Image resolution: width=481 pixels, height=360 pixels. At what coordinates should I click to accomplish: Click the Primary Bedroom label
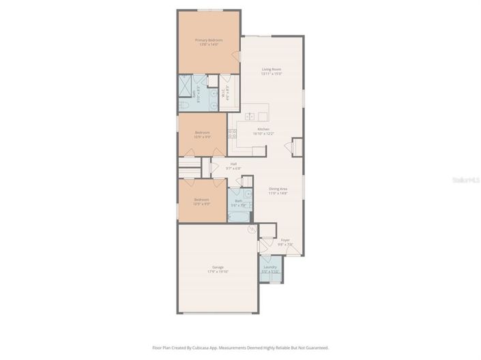pos(209,40)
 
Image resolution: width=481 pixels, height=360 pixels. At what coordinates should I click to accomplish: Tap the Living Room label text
pos(272,69)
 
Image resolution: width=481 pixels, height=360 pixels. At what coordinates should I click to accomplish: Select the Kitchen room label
pos(263,129)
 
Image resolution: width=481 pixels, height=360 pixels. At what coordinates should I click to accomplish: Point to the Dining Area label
pos(278,189)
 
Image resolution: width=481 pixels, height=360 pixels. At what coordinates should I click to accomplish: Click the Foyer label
pos(285,240)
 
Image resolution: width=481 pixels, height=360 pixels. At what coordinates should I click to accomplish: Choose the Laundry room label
pos(270,267)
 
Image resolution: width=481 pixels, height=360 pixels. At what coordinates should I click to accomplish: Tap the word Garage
pos(218,267)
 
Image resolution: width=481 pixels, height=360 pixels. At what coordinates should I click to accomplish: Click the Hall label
pos(233,164)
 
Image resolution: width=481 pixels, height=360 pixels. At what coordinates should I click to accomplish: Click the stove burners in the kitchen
pos(232,133)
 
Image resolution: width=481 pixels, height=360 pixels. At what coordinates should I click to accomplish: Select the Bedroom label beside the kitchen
pos(202,132)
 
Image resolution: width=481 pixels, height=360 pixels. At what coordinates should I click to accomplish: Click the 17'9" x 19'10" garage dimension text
pos(218,271)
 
